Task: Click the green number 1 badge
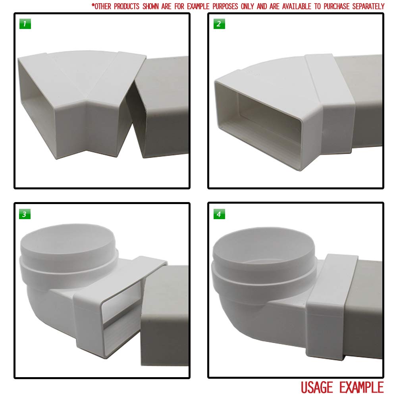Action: pos(25,24)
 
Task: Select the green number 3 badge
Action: pos(25,214)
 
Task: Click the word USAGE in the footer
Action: pos(320,387)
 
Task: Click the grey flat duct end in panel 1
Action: pos(163,107)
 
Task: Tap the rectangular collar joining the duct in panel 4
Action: pos(331,302)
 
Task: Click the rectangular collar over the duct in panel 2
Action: pos(330,103)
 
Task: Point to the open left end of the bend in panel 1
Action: pos(38,107)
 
